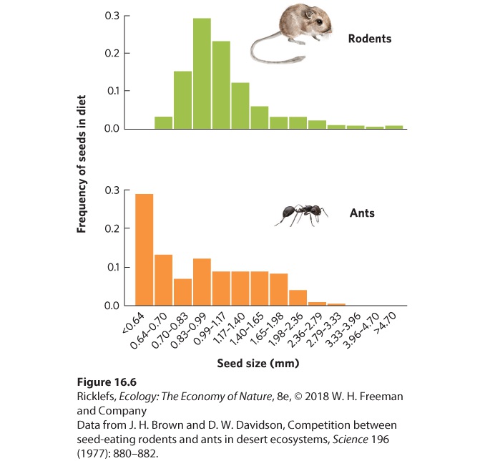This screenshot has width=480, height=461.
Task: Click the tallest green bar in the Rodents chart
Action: click(x=202, y=73)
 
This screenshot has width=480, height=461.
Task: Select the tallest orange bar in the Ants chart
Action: click(x=145, y=250)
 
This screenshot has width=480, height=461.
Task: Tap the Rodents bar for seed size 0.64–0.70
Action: click(x=164, y=122)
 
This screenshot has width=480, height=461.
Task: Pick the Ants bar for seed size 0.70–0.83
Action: click(x=182, y=292)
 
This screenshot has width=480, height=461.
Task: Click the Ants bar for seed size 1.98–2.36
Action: click(x=298, y=297)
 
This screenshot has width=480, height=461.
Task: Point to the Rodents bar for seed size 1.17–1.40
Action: click(x=240, y=106)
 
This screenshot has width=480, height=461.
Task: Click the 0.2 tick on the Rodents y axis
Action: click(x=127, y=53)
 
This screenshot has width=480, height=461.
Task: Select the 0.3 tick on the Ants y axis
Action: click(x=127, y=190)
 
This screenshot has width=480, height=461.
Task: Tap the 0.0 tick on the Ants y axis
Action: click(x=127, y=306)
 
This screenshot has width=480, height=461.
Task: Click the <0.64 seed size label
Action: click(x=133, y=323)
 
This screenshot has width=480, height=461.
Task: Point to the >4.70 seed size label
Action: click(x=386, y=323)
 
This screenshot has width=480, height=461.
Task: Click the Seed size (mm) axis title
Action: click(x=258, y=363)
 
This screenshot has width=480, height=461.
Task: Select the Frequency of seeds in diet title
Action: click(x=82, y=164)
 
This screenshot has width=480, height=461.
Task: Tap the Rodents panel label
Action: click(x=370, y=39)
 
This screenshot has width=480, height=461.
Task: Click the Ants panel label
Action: click(x=362, y=213)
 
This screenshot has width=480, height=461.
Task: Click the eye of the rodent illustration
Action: click(x=319, y=22)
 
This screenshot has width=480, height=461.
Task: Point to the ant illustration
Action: click(x=301, y=215)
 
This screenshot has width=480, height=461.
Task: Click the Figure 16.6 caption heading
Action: click(x=107, y=382)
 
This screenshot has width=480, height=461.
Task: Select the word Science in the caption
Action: click(x=351, y=440)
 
